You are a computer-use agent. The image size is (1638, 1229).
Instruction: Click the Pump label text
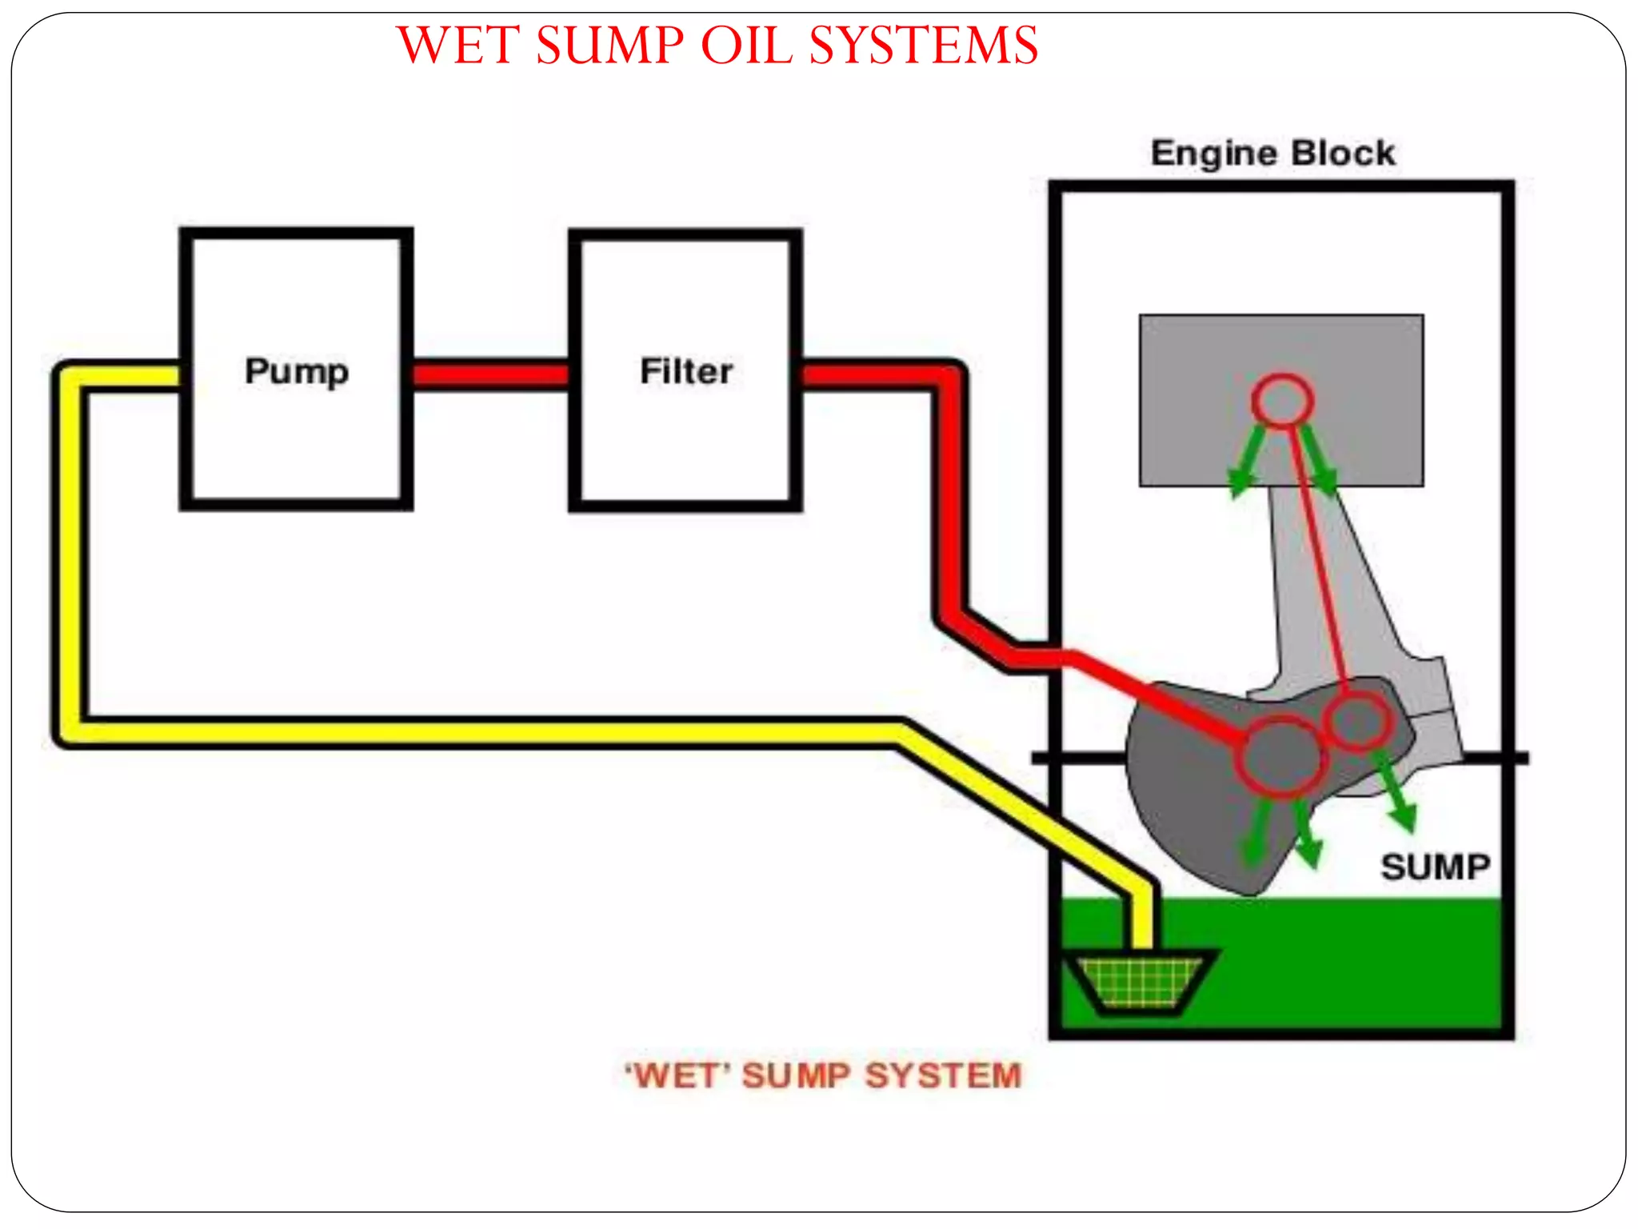297,372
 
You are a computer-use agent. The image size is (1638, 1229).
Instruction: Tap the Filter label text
686,372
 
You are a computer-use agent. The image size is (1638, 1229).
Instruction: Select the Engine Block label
1272,154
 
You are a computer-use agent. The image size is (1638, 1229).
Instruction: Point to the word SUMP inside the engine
1436,867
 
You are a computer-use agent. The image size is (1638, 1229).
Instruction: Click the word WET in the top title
458,46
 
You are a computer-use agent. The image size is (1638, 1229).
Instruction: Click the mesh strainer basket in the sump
1140,981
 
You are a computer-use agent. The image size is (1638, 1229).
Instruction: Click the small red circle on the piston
1282,400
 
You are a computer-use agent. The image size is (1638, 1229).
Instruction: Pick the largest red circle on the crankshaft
1280,757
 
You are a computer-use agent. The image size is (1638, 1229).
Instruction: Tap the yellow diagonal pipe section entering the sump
1024,808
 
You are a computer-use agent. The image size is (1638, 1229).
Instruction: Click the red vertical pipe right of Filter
950,496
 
